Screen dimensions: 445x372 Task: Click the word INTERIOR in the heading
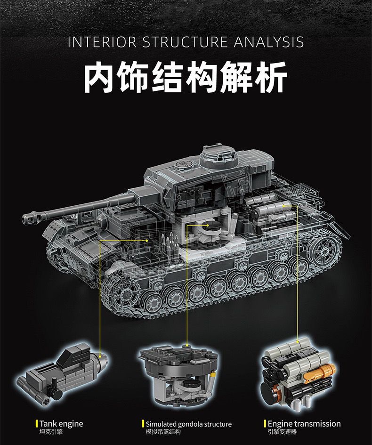(x=101, y=42)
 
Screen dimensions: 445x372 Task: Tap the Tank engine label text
(x=61, y=424)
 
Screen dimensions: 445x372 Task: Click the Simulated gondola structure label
(x=188, y=424)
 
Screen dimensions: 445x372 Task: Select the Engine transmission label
(x=304, y=424)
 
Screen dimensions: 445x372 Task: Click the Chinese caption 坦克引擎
(x=51, y=432)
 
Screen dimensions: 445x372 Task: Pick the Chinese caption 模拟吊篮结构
(x=163, y=432)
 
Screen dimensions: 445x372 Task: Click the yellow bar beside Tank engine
(x=37, y=424)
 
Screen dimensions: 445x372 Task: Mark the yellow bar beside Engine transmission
(x=265, y=424)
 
